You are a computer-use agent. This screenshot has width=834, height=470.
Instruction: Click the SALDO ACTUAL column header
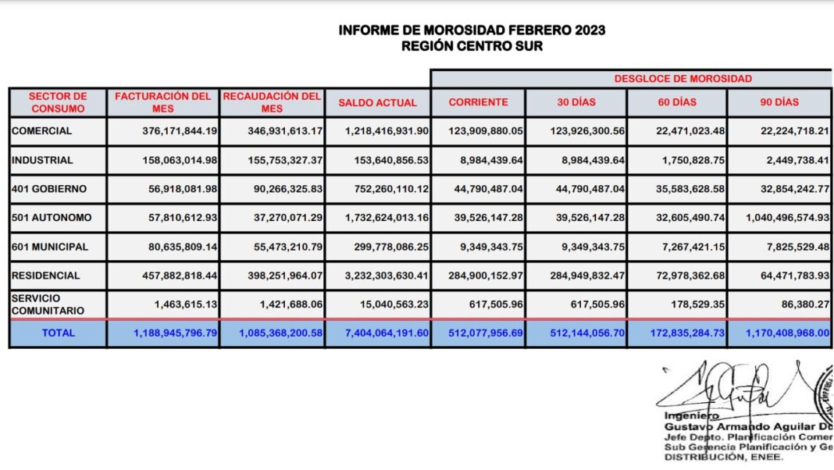[x=377, y=102]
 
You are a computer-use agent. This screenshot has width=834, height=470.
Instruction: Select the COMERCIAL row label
[x=41, y=131]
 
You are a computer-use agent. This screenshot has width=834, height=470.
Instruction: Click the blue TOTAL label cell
[x=58, y=333]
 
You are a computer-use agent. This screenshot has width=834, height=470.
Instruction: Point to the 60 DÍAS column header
[x=676, y=102]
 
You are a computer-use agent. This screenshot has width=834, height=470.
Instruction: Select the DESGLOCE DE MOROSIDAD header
[x=683, y=79]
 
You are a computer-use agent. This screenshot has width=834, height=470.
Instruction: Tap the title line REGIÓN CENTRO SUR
[x=472, y=46]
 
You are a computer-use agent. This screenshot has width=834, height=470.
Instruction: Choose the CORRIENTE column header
[x=478, y=102]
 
